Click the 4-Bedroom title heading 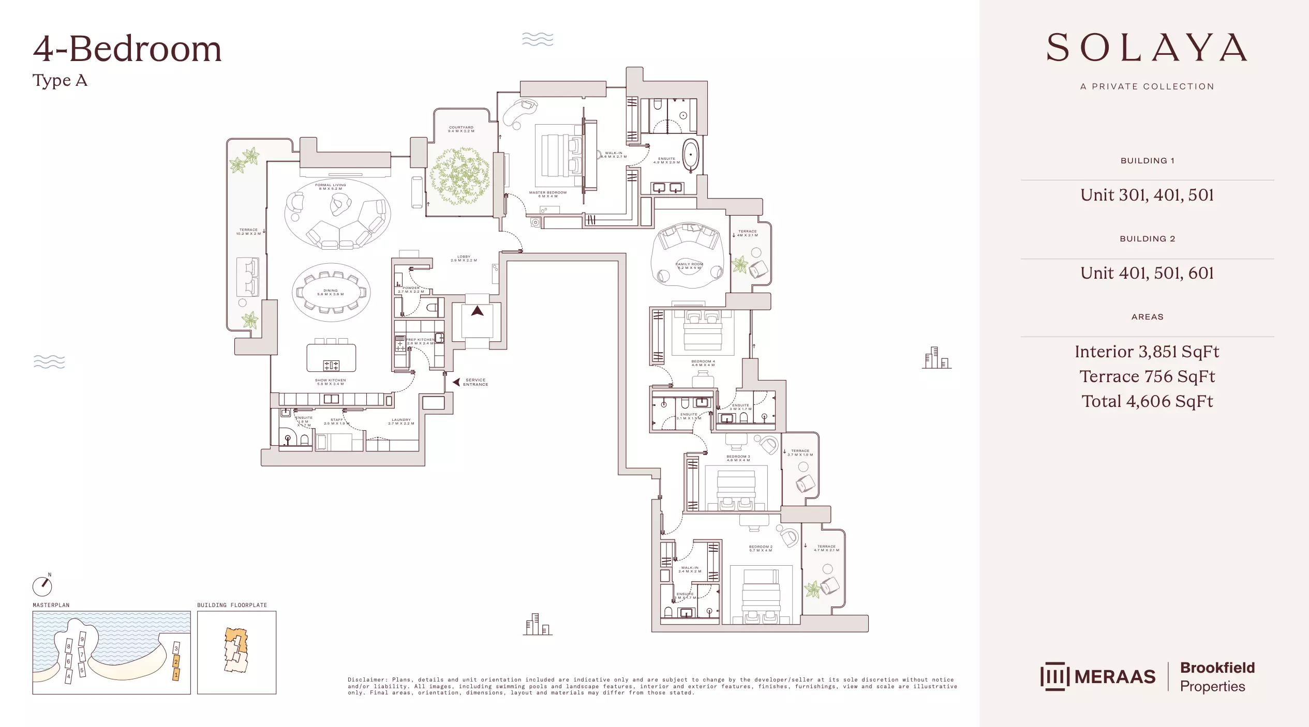pos(127,49)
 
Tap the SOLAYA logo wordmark pos(1147,48)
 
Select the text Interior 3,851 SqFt pos(1147,352)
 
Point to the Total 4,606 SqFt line pos(1147,401)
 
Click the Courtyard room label pos(461,129)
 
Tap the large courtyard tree pos(459,176)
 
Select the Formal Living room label pos(330,187)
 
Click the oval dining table pos(331,292)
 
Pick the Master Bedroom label pos(547,194)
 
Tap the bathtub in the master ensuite pos(690,154)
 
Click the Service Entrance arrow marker pos(456,382)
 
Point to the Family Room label pos(689,266)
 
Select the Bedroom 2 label pos(760,548)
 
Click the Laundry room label pos(401,421)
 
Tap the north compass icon pos(42,586)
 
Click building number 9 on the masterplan pos(82,639)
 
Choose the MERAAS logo pos(1098,676)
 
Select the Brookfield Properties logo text pos(1217,676)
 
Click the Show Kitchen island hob pos(331,366)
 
